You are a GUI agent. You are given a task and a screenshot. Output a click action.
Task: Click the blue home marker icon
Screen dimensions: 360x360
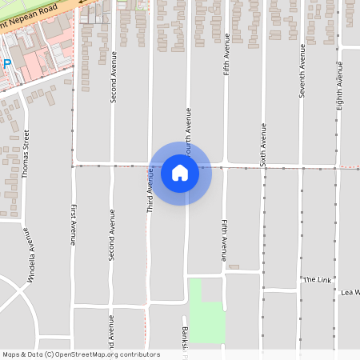pyautogui.click(x=180, y=172)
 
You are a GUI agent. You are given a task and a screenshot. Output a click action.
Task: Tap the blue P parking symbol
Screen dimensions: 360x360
pyautogui.click(x=6, y=63)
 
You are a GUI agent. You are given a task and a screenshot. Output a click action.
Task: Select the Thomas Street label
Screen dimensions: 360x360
pyautogui.click(x=26, y=153)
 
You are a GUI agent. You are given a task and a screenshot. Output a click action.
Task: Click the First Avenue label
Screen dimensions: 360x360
pyautogui.click(x=73, y=224)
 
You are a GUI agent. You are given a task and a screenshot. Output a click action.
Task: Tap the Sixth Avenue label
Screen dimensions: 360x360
pyautogui.click(x=263, y=144)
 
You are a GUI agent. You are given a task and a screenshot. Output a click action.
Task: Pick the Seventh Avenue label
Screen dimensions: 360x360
pyautogui.click(x=302, y=70)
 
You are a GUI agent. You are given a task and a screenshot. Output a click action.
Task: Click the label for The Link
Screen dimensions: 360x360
pyautogui.click(x=317, y=279)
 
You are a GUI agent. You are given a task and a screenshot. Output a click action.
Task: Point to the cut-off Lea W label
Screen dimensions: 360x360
pyautogui.click(x=350, y=292)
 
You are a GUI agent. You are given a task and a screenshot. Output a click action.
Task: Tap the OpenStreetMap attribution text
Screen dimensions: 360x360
pyautogui.click(x=81, y=354)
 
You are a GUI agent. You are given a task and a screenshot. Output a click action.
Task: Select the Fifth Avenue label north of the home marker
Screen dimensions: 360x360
pyautogui.click(x=226, y=54)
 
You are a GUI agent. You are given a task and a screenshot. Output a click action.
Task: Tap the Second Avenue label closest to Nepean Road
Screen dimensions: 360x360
pyautogui.click(x=113, y=77)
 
